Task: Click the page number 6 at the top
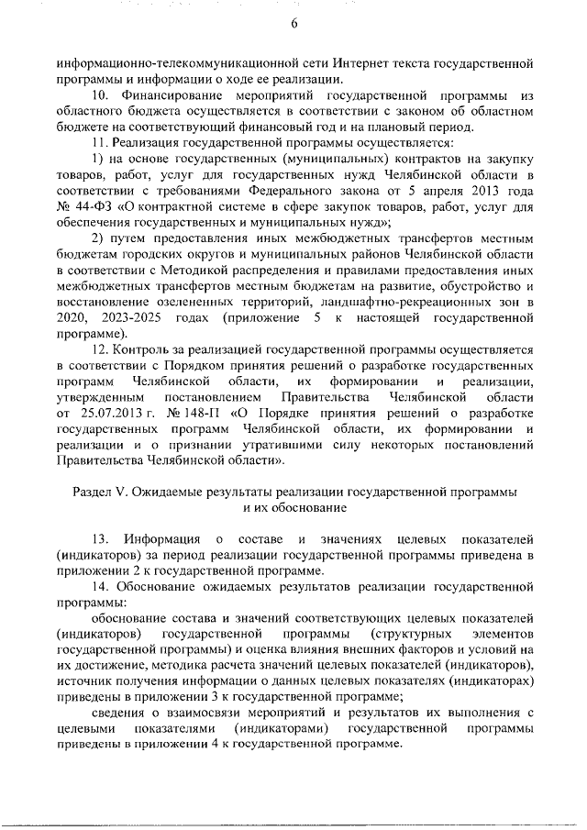coord(294,24)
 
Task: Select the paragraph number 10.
coord(104,94)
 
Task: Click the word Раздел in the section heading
coord(93,493)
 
